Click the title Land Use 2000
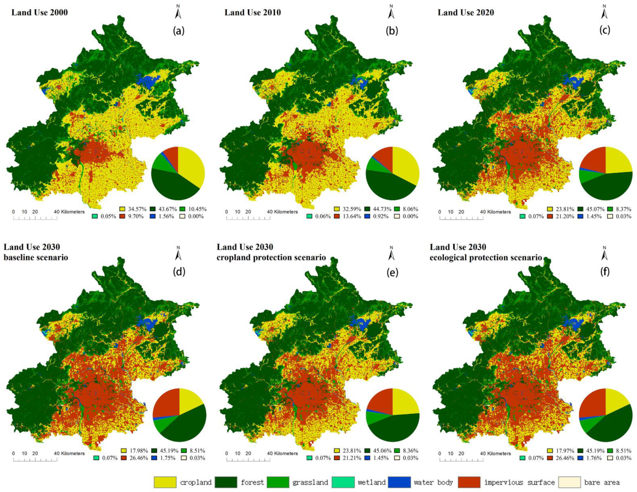coord(40,13)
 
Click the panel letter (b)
coord(392,31)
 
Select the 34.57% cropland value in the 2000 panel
coord(137,209)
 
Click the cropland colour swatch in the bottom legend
coord(165,482)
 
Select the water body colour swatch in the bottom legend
coord(399,482)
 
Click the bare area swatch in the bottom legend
coord(569,482)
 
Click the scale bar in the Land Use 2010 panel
coord(248,217)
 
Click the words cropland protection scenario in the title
coord(271,257)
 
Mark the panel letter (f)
coord(605,272)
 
